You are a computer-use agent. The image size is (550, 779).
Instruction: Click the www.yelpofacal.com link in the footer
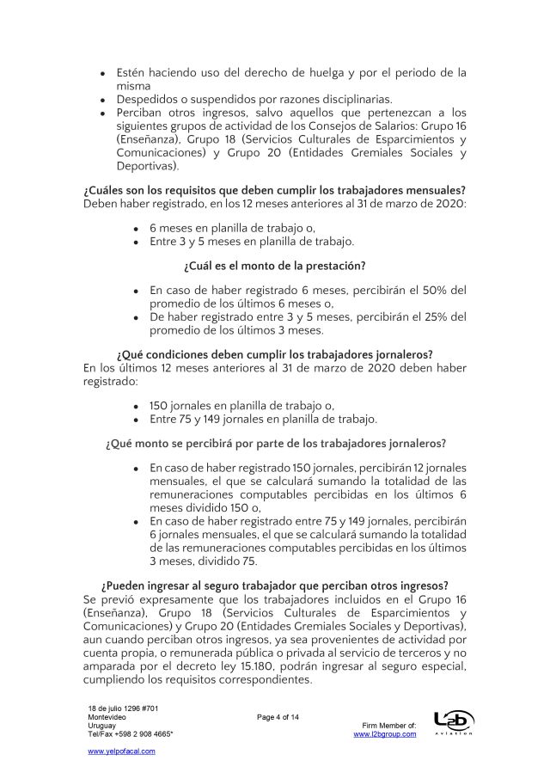coord(122,751)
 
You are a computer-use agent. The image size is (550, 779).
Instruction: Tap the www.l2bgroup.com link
coord(385,733)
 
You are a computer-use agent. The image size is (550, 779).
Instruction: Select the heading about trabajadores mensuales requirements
coord(274,189)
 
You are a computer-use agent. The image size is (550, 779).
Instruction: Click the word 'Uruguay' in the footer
coord(102,726)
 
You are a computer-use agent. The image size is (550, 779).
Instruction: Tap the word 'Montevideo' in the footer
coord(107,717)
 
